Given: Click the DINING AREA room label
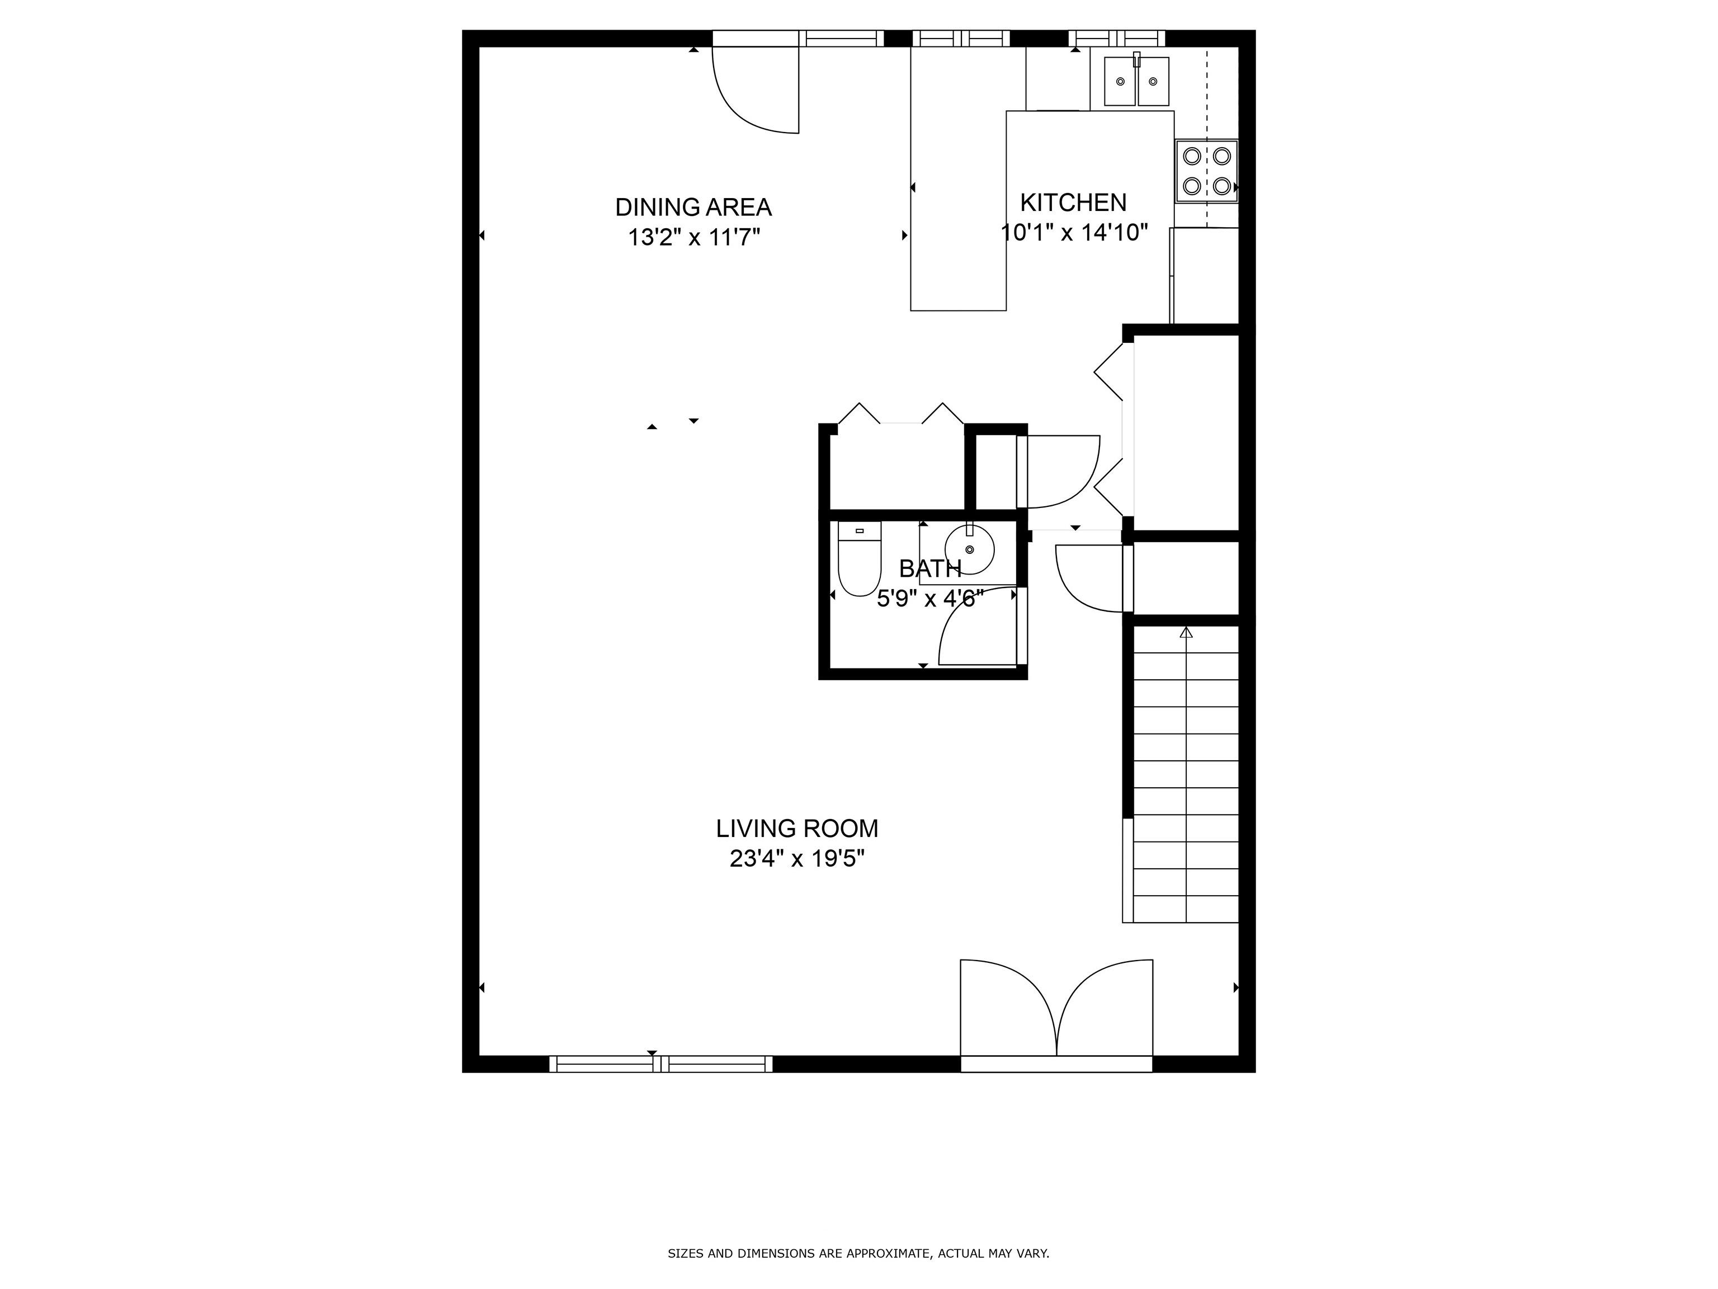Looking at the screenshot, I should (x=693, y=208).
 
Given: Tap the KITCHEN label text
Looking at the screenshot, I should (x=1073, y=203).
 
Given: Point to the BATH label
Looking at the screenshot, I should (x=929, y=569).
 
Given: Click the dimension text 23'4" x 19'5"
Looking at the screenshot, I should (x=797, y=859).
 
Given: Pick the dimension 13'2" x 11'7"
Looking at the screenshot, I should (x=693, y=237).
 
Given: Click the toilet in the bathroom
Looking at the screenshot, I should (x=860, y=559).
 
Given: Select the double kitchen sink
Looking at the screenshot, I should (x=1136, y=81).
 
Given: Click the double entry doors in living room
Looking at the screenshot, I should (x=1056, y=1010).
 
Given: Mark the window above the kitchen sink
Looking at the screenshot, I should (x=1116, y=38).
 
